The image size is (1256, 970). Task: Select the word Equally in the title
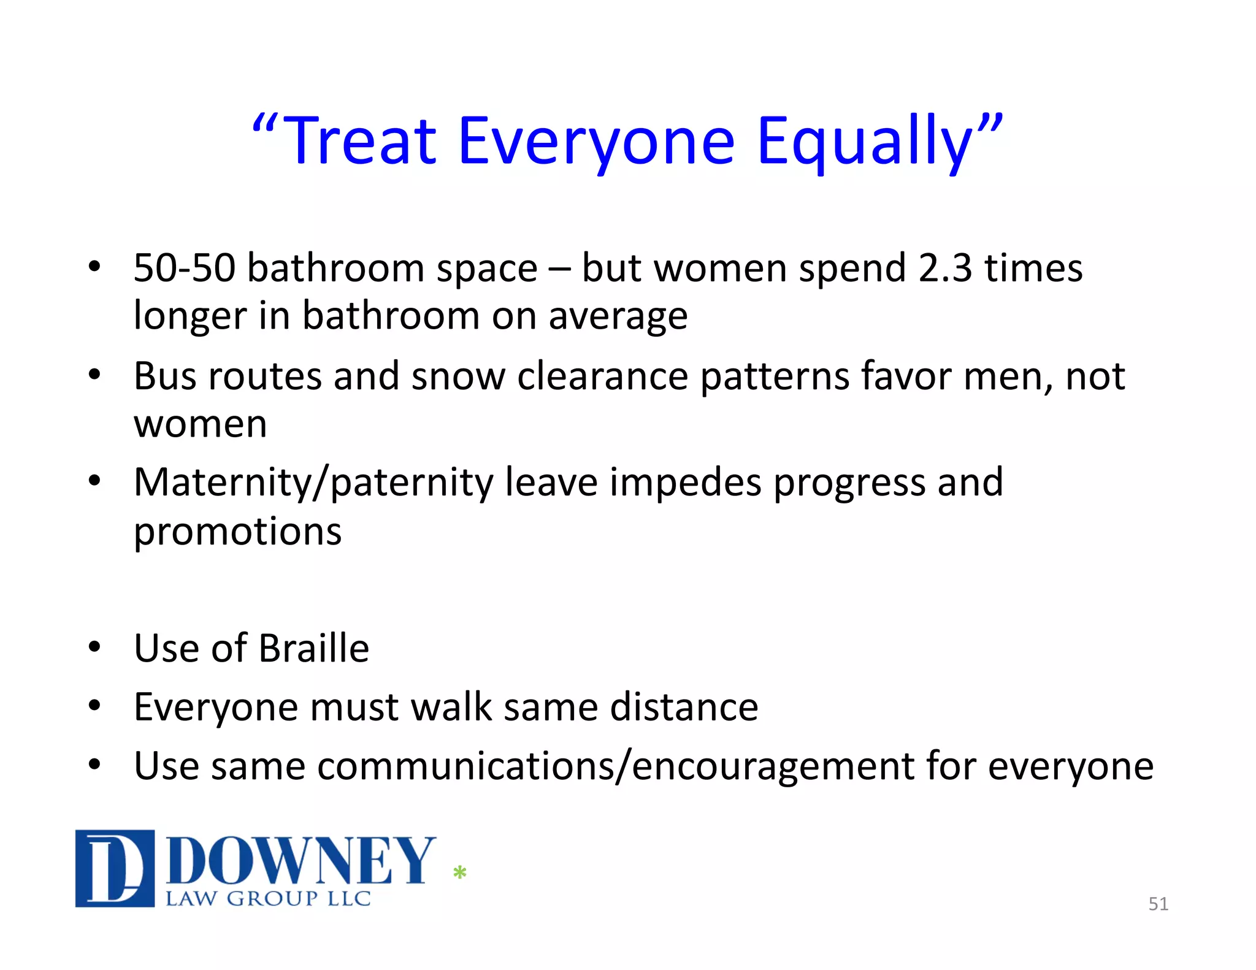(865, 142)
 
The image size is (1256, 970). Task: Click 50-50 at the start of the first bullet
(184, 269)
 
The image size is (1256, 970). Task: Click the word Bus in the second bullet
(164, 376)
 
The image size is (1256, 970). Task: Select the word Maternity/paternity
(313, 483)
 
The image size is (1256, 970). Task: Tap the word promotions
(237, 531)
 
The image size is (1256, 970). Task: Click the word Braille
(313, 649)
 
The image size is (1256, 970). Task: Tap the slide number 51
(1158, 904)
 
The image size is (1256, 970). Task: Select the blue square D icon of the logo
(115, 868)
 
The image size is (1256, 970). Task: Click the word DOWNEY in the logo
(301, 861)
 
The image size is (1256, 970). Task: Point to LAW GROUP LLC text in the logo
(268, 899)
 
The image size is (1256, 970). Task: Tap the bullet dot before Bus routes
(94, 374)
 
